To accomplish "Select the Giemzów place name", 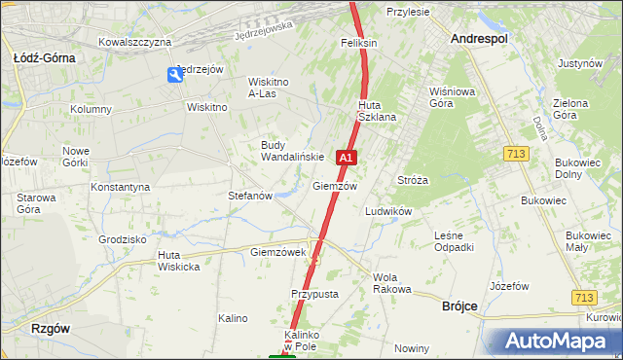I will coord(335,186).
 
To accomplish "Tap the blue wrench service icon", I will coord(174,75).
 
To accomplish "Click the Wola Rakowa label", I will coord(392,283).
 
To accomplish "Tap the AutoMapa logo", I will coord(557,342).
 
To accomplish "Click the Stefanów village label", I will coord(249,196).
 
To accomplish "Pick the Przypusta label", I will coord(314,294).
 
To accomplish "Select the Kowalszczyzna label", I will coord(135,42).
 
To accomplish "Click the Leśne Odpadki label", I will coord(454,241).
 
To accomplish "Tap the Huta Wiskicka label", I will coord(179,261).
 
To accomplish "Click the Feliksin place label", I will coord(358,43).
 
